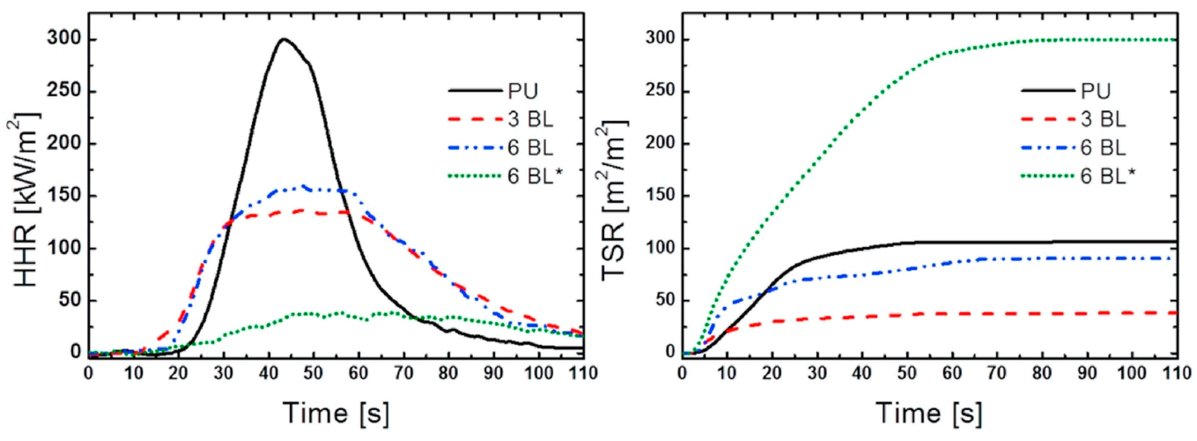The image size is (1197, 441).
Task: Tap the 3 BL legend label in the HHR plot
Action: click(530, 120)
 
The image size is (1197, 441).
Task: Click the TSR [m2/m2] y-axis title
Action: click(614, 200)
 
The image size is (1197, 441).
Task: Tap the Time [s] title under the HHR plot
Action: click(336, 413)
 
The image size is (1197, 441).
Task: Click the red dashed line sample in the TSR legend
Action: click(1048, 120)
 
